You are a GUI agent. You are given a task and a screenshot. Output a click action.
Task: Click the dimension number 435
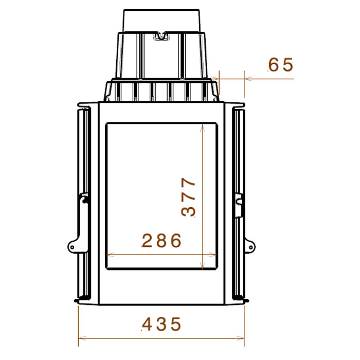click(x=161, y=324)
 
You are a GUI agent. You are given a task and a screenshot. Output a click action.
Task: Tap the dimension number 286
click(x=161, y=241)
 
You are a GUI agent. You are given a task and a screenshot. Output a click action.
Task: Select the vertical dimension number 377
click(x=188, y=197)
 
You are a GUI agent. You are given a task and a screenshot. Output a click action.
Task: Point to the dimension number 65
click(x=281, y=65)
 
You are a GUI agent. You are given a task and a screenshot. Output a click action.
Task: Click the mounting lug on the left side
click(x=74, y=246)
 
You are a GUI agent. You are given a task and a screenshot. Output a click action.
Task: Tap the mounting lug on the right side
click(x=250, y=246)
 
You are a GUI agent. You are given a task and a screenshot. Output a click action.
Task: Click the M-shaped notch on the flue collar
click(x=161, y=36)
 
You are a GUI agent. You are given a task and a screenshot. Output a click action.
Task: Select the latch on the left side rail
click(x=84, y=199)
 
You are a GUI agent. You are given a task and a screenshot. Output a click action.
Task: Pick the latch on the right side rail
click(x=239, y=205)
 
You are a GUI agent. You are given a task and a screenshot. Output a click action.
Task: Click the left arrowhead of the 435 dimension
click(x=82, y=338)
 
